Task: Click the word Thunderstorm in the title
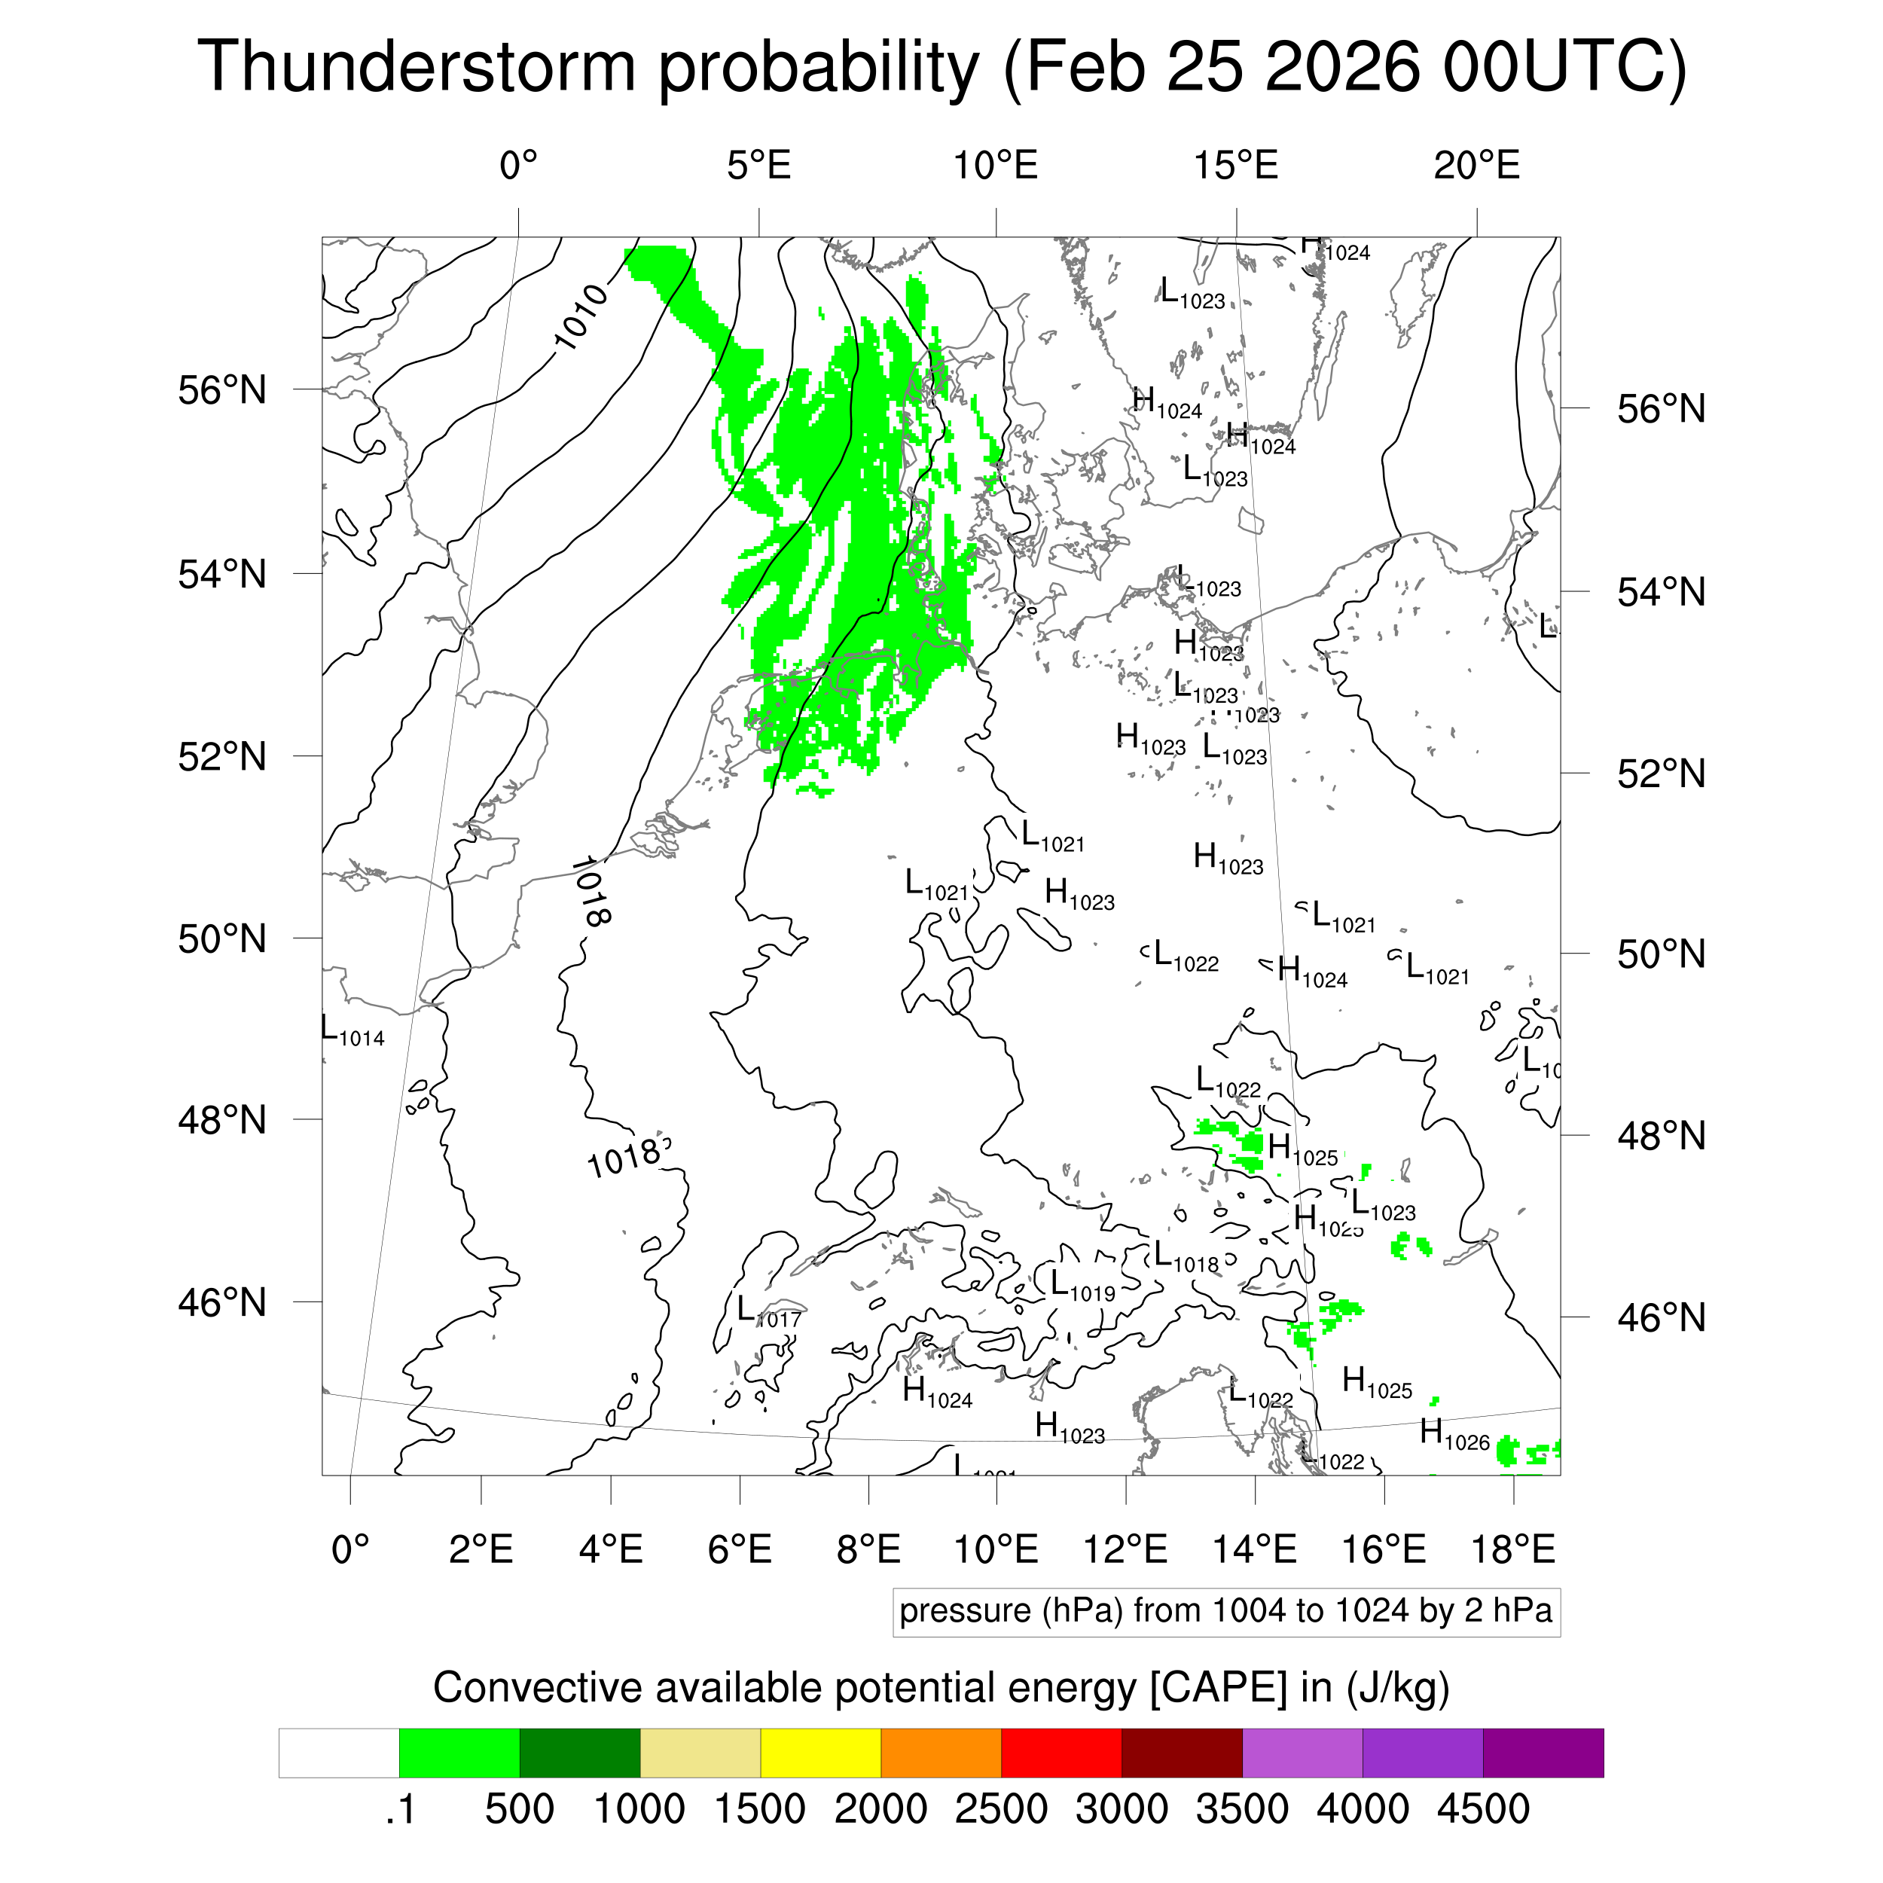(417, 69)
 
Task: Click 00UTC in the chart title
(1564, 69)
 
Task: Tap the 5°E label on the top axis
(758, 166)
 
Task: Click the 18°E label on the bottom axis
(1512, 1549)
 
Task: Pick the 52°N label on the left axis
(222, 756)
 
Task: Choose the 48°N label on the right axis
(1661, 1137)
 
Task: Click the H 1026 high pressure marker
(1454, 1433)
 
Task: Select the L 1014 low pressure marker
(352, 1031)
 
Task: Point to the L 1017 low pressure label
(769, 1312)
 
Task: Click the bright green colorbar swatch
(459, 1753)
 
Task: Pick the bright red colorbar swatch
(1061, 1753)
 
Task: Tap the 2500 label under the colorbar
(1001, 1809)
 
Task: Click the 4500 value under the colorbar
(1482, 1809)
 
